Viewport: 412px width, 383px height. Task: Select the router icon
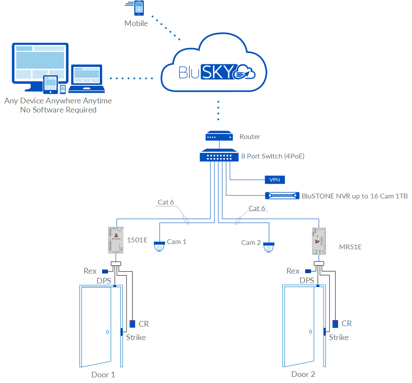[x=219, y=136]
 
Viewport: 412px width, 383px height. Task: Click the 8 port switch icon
[x=219, y=155]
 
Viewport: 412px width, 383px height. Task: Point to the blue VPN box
[x=275, y=179]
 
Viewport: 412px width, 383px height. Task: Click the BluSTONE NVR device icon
[x=282, y=196]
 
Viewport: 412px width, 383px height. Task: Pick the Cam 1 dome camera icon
[x=159, y=246]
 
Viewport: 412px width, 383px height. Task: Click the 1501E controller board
[x=115, y=240]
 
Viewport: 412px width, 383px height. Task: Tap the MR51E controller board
[x=319, y=241]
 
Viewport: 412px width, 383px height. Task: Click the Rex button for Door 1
[x=104, y=271]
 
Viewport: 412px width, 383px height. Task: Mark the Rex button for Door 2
[x=307, y=271]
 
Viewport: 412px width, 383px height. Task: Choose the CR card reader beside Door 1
[x=133, y=324]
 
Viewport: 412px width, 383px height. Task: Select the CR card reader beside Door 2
[x=336, y=324]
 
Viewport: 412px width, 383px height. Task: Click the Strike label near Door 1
[x=136, y=337]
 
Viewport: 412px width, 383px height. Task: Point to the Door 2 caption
[x=303, y=374]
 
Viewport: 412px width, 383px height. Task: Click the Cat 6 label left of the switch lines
[x=166, y=202]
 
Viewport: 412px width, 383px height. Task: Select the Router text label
[x=250, y=137]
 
